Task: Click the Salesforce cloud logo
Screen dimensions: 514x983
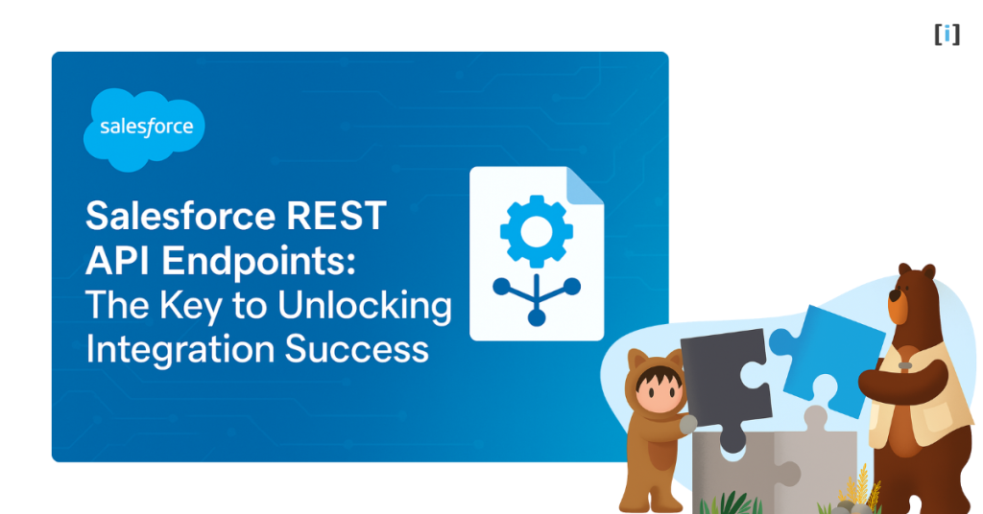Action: click(x=145, y=128)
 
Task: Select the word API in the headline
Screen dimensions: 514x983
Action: click(x=118, y=261)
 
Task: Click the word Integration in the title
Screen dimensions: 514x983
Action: click(x=169, y=349)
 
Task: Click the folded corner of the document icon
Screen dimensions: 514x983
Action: click(x=585, y=185)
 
